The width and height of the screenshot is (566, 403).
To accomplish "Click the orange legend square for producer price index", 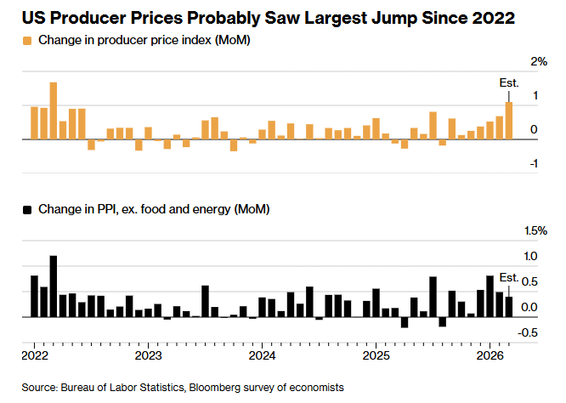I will [x=27, y=40].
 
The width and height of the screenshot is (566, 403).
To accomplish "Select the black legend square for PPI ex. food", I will [x=27, y=208].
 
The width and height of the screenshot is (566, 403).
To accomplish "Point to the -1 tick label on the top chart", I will [x=534, y=163].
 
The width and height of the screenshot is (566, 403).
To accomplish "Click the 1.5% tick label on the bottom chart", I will [x=535, y=230].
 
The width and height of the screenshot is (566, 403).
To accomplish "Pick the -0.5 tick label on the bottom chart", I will [x=532, y=332].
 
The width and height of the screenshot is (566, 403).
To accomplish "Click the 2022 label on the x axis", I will [x=35, y=354].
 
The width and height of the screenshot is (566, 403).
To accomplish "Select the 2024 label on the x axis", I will [x=262, y=354].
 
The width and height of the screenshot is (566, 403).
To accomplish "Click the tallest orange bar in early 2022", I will [x=53, y=111].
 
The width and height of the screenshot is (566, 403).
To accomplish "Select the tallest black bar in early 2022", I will [x=53, y=286].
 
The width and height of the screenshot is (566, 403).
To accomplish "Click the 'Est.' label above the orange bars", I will [x=507, y=82].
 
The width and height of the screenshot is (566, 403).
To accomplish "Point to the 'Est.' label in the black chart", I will [x=508, y=278].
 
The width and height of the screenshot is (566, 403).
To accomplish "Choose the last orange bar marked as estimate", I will [x=509, y=121].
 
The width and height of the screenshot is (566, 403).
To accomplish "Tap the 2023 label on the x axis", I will [x=148, y=354].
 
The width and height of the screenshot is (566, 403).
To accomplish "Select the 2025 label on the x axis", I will [x=375, y=354].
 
